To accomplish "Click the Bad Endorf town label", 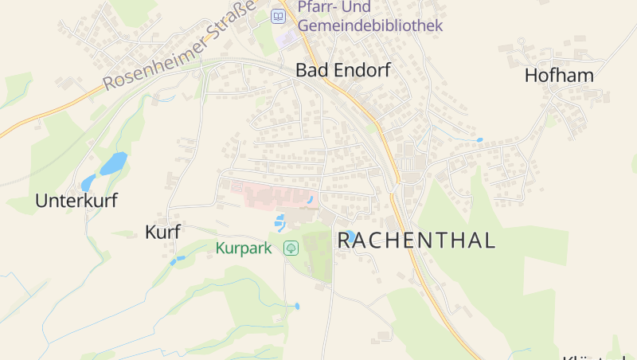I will point(342,70).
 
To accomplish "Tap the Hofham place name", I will point(559,76).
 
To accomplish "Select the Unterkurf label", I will point(76,201).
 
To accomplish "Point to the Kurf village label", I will point(162,232).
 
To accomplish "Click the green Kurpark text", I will point(244,248).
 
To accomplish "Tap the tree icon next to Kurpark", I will point(291,248).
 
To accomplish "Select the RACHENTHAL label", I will point(416,240).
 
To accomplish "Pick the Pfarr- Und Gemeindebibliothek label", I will point(369,17).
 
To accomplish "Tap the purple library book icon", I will point(278,16).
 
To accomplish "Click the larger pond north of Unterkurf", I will point(113,163).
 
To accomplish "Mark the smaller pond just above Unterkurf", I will point(88,183).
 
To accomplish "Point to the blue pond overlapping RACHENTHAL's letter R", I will point(350,237).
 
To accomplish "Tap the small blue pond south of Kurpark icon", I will point(297,306).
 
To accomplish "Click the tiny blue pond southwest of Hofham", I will point(479,140).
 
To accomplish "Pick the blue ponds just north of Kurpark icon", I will point(279,221).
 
